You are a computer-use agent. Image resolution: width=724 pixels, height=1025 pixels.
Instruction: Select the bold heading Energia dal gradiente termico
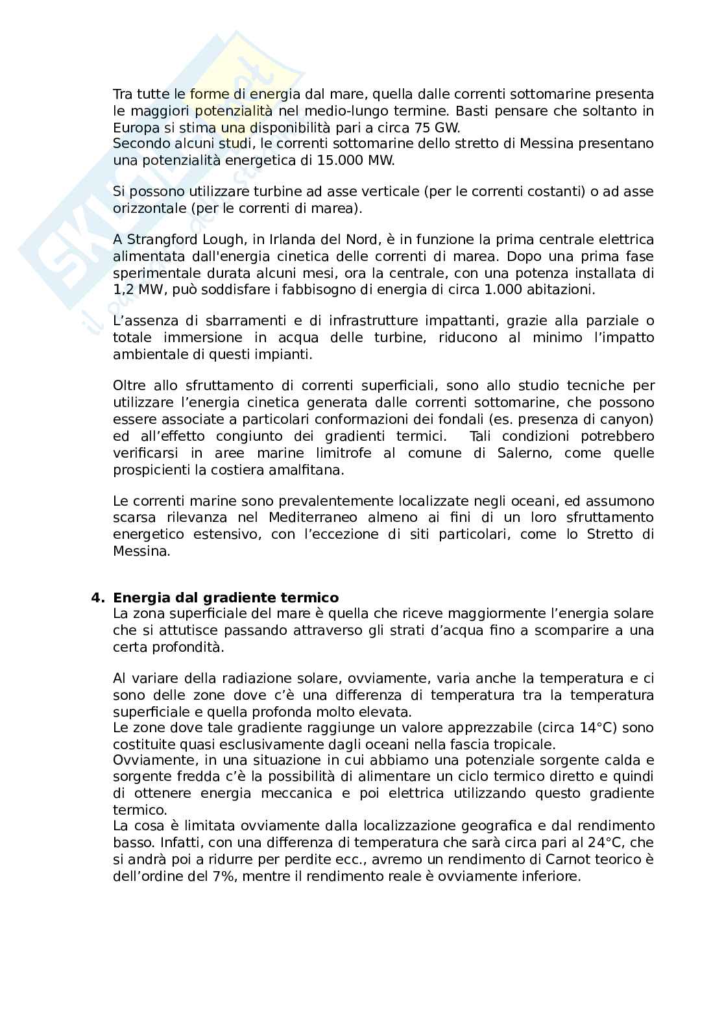[226, 597]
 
